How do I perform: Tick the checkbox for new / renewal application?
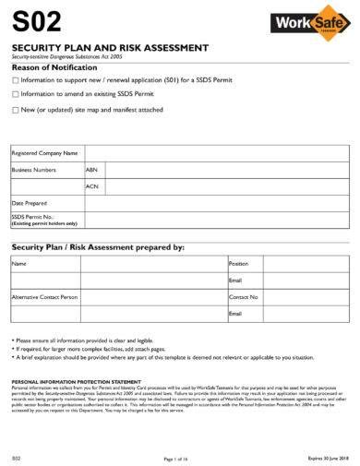15,80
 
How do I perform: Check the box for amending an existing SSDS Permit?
15,93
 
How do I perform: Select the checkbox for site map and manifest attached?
15,110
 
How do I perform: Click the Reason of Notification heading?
54,67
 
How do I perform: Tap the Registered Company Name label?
43,153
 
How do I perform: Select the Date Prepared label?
29,202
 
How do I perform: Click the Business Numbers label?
34,170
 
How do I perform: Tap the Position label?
239,263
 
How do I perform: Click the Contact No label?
244,297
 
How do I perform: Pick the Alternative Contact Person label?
44,297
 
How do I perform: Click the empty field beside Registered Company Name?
216,153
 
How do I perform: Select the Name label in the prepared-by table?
18,263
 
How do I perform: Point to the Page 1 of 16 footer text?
175,459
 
